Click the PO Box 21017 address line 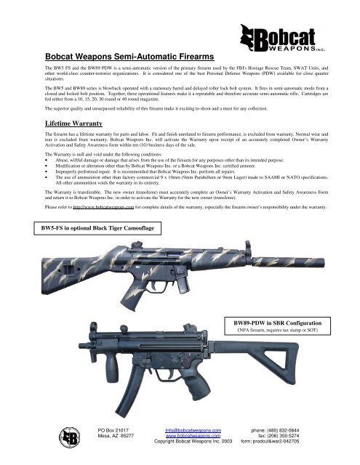pos(116,432)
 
